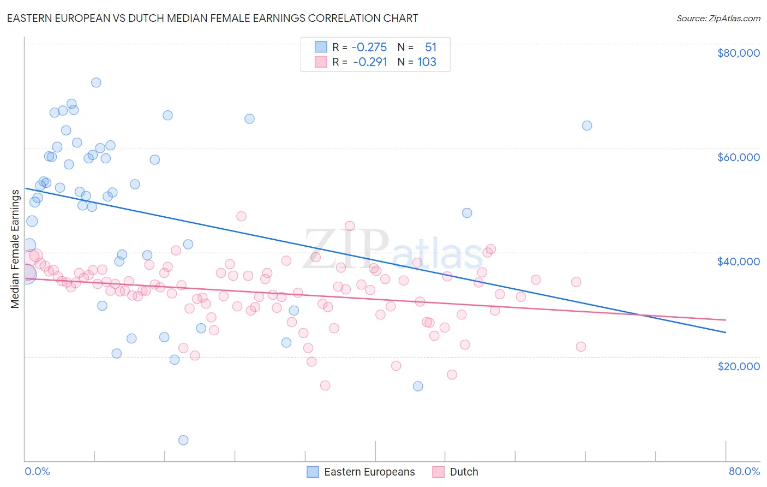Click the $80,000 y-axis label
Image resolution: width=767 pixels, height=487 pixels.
pos(738,53)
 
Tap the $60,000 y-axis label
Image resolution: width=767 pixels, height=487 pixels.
pos(738,157)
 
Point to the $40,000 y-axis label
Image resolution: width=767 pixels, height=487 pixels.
pos(738,262)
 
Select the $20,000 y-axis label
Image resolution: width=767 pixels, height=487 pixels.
pos(738,366)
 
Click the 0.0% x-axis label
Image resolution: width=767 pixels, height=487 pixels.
pos(37,471)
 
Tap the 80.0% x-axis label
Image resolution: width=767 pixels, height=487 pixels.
pos(744,471)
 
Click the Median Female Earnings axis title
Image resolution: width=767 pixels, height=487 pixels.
pos(15,248)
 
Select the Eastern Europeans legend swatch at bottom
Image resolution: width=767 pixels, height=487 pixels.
pos(313,472)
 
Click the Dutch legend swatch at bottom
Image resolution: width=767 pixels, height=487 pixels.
pos(439,472)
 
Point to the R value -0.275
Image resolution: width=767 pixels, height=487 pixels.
pos(369,47)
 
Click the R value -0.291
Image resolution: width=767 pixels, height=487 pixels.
pos(370,62)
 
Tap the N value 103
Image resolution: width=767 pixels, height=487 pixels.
pos(427,62)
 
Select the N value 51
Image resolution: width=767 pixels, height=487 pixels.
pos(431,47)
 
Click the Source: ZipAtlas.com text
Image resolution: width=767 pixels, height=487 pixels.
pos(718,19)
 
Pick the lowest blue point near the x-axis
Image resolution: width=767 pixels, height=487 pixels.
pos(183,440)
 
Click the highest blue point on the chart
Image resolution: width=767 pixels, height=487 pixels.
pos(96,82)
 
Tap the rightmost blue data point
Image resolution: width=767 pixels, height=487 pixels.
pos(587,126)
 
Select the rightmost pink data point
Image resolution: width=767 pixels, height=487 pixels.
pos(581,347)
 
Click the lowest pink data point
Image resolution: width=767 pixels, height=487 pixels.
pos(325,385)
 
